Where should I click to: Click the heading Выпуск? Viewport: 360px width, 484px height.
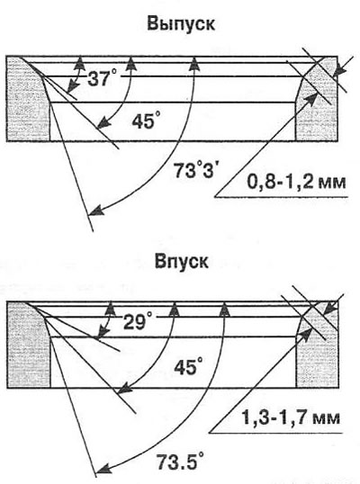[181, 24]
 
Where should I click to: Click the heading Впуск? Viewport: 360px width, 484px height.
[181, 261]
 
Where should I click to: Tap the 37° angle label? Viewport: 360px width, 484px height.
[103, 78]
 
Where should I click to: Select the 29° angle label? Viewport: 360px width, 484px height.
[138, 321]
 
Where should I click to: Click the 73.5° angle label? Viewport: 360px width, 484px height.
[181, 462]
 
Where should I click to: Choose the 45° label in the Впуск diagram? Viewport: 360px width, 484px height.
[188, 367]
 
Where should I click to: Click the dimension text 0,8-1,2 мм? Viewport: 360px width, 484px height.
[296, 183]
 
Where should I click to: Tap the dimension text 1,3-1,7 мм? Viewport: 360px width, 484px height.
[291, 418]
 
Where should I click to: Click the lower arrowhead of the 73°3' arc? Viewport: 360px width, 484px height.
[94, 211]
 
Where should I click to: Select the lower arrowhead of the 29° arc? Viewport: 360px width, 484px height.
[100, 335]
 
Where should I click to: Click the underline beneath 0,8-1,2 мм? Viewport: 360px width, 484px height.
[282, 196]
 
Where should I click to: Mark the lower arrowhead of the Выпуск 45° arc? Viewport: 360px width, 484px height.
[103, 122]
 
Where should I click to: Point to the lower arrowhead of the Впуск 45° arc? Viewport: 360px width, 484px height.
[123, 389]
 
